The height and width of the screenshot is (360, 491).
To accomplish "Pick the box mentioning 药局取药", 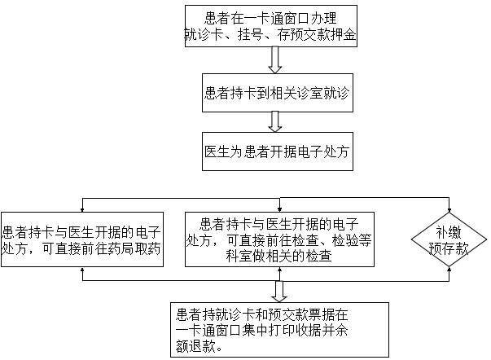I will pos(81,235).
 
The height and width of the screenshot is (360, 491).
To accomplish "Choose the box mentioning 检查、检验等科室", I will pos(278,239).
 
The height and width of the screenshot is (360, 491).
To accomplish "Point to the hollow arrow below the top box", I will pos(275,59).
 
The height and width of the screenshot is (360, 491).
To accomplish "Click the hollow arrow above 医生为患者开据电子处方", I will pos(276,121).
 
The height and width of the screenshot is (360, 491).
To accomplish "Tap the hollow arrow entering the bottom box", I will pos(278,292).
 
